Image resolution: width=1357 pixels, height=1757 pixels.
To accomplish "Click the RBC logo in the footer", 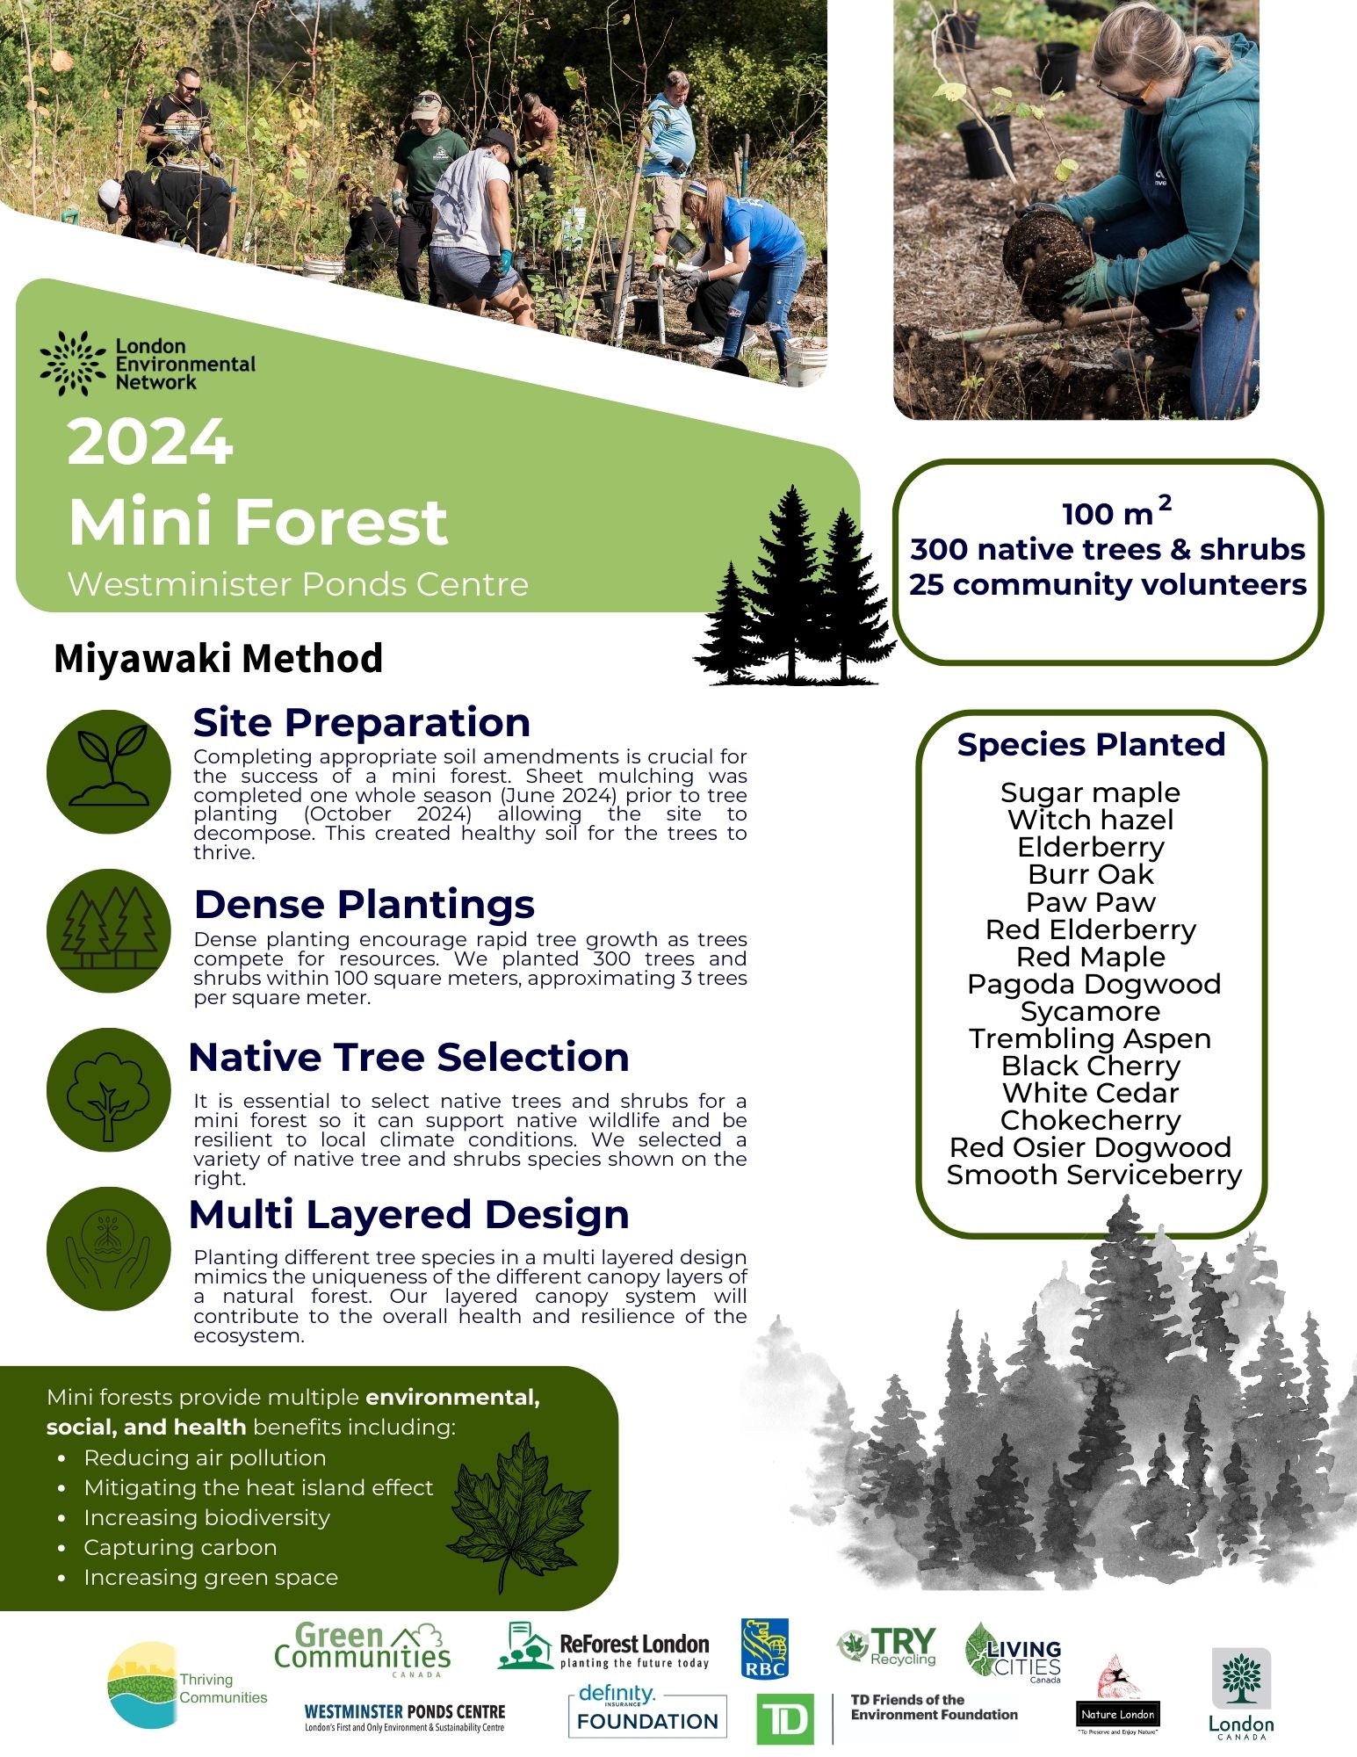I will click(x=764, y=1648).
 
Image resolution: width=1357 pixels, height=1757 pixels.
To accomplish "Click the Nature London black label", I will click(x=1118, y=1714).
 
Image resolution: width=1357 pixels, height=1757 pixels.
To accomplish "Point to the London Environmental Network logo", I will click(x=148, y=364).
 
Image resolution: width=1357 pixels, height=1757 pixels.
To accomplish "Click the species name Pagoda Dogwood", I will click(x=1094, y=984).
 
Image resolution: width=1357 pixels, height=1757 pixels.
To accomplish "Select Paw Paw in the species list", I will click(x=1090, y=902).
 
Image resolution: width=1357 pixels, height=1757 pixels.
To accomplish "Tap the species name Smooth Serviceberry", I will click(x=1094, y=1175).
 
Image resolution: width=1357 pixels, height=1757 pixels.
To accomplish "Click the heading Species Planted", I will click(x=1091, y=744).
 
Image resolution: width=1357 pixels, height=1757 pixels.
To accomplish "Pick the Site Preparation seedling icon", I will click(x=109, y=771).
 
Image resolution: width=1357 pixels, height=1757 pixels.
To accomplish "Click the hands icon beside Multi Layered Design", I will click(x=109, y=1248).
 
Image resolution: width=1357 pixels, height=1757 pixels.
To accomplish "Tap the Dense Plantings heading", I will click(x=364, y=904).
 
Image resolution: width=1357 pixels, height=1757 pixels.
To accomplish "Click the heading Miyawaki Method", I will click(x=218, y=658).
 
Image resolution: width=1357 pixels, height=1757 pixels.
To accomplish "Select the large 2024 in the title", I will click(x=150, y=442).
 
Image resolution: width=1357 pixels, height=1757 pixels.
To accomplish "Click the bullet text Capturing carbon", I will click(x=180, y=1547).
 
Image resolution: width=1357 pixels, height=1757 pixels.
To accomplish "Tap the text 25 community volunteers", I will click(x=1108, y=584).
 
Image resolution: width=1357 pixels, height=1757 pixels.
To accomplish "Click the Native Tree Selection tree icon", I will click(x=109, y=1089).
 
